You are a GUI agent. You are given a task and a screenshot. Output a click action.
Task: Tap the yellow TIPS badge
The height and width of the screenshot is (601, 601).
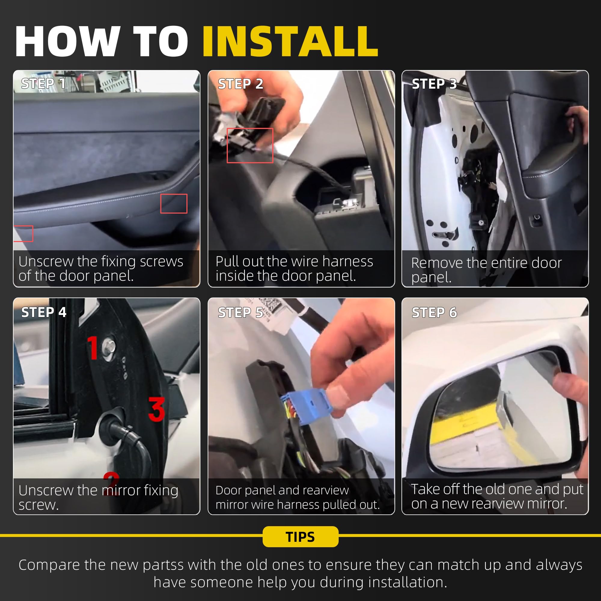click(x=300, y=537)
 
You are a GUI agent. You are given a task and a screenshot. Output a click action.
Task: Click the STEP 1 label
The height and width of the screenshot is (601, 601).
click(x=43, y=83)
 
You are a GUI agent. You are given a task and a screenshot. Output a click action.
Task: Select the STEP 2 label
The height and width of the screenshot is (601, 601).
click(x=240, y=84)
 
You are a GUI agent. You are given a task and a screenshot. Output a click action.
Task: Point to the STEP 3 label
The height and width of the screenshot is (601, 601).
click(x=434, y=84)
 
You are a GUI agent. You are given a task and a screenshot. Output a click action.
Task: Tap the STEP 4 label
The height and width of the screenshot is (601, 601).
click(x=44, y=312)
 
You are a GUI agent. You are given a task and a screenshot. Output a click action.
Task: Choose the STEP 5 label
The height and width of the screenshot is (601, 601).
click(x=240, y=312)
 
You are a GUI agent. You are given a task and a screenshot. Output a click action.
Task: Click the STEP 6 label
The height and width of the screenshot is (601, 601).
click(x=434, y=312)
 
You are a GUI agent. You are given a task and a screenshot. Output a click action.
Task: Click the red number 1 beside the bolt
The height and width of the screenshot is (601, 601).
click(x=93, y=348)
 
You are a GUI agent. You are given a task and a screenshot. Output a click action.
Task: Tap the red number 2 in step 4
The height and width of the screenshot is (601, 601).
click(x=111, y=483)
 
